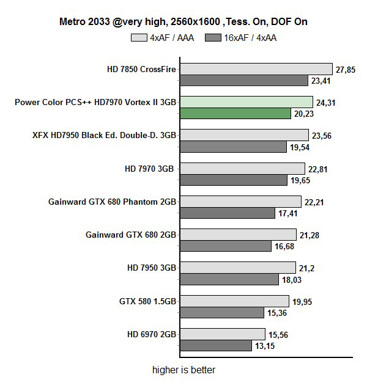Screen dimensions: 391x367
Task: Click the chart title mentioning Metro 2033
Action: (183, 22)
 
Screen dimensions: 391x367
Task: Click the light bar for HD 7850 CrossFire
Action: (256, 69)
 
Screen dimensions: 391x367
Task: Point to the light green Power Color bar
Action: (246, 102)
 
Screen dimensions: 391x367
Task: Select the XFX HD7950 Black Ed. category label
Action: (104, 135)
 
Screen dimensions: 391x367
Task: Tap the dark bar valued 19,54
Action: (233, 147)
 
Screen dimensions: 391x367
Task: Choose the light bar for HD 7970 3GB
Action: (242, 168)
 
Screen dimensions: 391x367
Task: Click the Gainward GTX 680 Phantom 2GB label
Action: (112, 201)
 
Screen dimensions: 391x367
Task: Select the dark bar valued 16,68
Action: (226, 246)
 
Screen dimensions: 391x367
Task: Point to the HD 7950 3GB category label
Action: (151, 267)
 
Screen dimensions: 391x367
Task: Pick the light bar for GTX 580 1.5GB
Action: (234, 301)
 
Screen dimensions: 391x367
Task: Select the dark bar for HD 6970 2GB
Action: (216, 345)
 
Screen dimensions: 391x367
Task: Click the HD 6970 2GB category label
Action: (151, 334)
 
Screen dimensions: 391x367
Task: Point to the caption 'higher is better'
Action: (183, 370)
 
